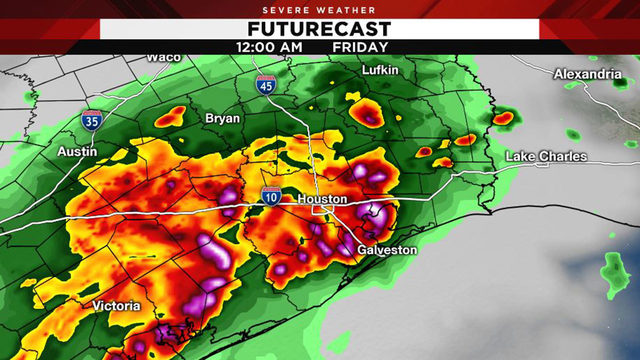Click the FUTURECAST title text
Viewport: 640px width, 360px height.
pos(320,27)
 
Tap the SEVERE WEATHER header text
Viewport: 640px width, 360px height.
pos(320,8)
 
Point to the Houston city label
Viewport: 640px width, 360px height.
pos(322,200)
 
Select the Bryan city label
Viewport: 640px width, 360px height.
pos(222,118)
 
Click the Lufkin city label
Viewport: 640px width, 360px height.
pos(381,70)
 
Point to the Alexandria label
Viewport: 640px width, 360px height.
pos(587,74)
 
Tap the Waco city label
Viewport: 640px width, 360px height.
pos(163,57)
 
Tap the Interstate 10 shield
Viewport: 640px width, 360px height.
pos(271,195)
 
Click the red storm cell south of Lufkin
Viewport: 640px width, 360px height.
pos(365,112)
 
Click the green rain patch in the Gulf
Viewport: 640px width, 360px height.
pos(613,271)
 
